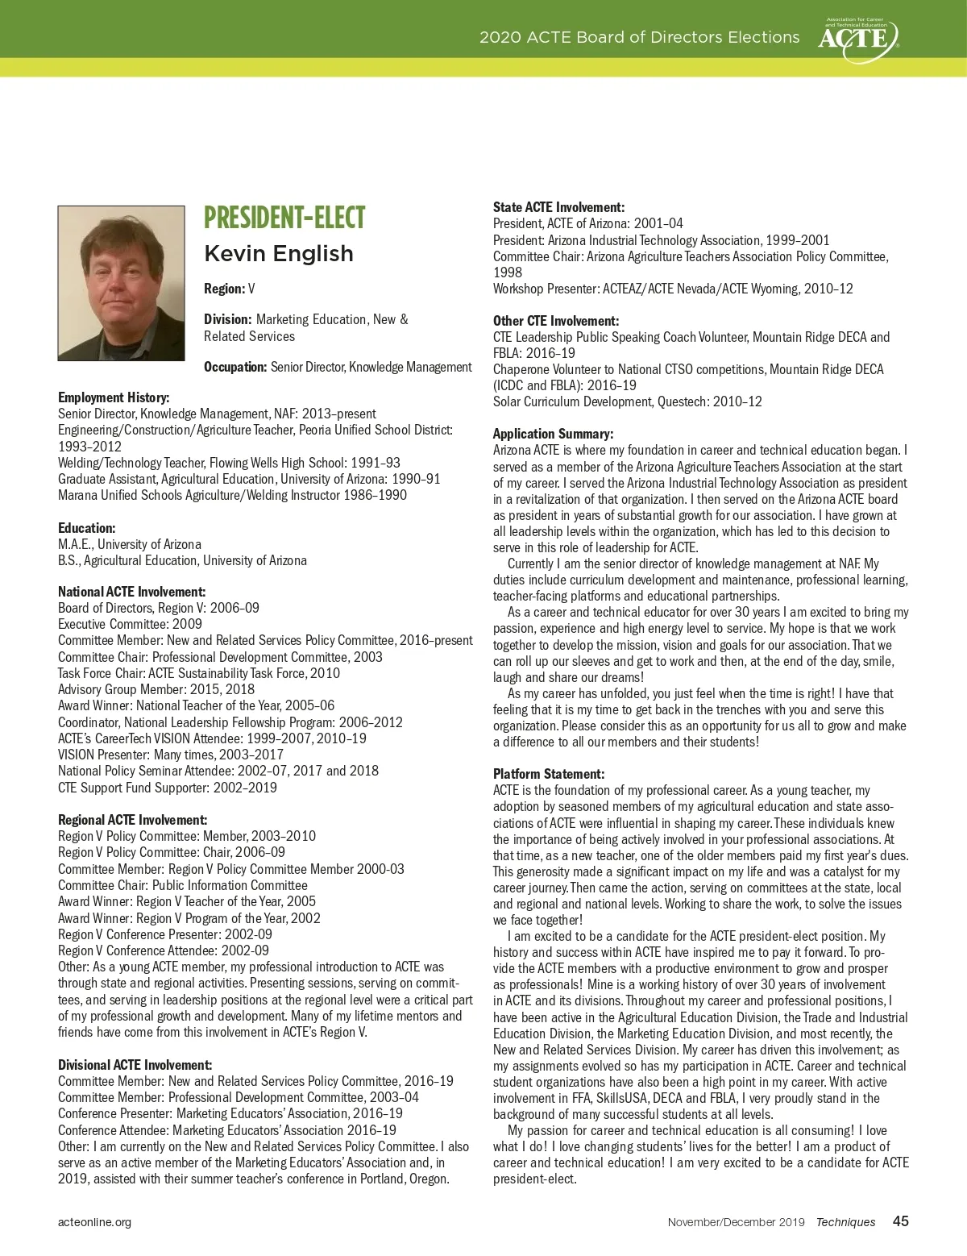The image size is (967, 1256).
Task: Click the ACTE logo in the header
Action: (857, 35)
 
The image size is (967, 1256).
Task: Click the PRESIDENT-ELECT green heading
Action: (284, 218)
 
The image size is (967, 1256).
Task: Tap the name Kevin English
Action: (279, 254)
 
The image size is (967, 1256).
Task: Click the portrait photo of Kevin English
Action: (121, 283)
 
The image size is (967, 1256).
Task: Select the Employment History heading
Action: (114, 397)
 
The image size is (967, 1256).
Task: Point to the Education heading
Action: (86, 528)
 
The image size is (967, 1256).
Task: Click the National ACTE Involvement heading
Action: (131, 592)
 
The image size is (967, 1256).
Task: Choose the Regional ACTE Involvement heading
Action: (132, 820)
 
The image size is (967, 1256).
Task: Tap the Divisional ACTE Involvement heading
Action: (135, 1065)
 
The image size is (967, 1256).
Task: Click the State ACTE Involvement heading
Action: (558, 207)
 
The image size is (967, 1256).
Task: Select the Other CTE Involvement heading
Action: (556, 321)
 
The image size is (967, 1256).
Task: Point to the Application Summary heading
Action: (553, 434)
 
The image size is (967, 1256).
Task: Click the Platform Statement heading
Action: (549, 774)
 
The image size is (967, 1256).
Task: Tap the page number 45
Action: (900, 1221)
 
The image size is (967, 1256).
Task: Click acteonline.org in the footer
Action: (94, 1222)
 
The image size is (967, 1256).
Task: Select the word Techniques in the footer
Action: (845, 1222)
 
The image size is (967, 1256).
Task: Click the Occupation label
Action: (235, 368)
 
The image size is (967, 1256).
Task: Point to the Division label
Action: (228, 320)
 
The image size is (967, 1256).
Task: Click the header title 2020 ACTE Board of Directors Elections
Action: (639, 37)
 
